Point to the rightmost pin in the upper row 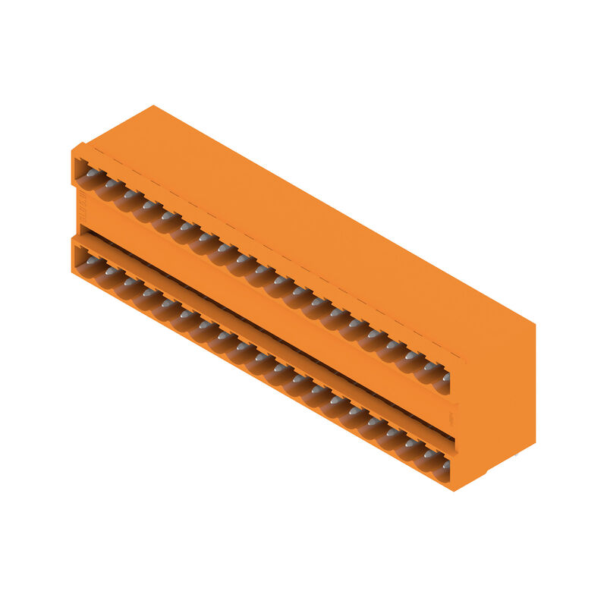tap(446, 376)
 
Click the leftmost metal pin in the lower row tap(93, 260)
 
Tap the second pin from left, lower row tap(111, 270)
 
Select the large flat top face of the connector tap(303, 220)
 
